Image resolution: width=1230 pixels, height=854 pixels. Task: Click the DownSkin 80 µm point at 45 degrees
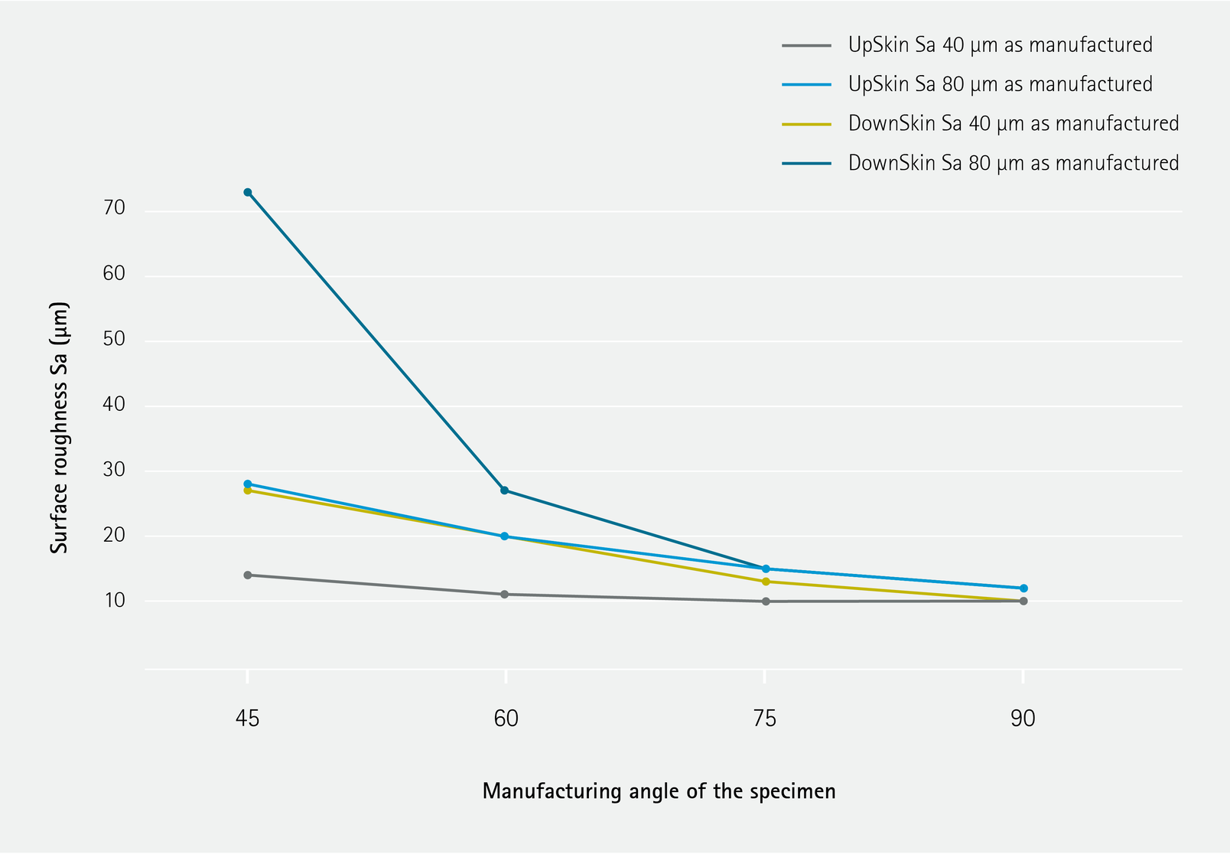248,192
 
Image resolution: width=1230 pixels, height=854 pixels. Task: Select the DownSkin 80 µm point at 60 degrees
504,491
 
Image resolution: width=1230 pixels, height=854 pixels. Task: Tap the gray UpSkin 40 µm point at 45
248,575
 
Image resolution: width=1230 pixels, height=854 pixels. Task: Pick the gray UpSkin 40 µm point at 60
504,595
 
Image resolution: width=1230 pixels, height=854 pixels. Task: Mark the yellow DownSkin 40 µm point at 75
766,582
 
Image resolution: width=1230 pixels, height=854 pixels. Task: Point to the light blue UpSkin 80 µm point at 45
248,484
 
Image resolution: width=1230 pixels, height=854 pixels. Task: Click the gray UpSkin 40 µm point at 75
766,601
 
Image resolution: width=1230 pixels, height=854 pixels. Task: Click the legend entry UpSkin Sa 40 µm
1000,45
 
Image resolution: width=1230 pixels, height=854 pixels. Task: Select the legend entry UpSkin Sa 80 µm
1000,84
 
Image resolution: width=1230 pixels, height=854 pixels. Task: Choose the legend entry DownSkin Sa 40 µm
1013,123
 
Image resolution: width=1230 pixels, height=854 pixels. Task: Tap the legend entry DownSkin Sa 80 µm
1013,163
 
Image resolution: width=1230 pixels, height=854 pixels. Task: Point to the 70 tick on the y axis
114,209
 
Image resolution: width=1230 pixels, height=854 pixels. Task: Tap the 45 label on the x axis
248,719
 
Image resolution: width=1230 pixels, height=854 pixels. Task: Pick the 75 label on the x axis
765,719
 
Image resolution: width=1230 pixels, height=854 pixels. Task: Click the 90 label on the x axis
1023,719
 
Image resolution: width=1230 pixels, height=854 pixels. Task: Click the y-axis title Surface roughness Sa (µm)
60,428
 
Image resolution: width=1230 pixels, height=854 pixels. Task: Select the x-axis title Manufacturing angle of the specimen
659,791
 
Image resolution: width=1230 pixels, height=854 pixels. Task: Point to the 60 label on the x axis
506,719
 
